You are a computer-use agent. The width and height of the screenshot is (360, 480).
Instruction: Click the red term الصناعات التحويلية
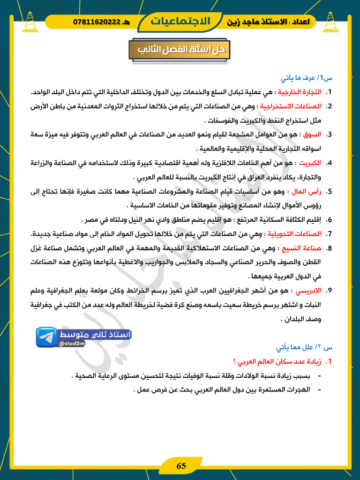click(x=292, y=233)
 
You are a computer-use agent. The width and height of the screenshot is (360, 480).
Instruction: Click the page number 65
click(x=181, y=466)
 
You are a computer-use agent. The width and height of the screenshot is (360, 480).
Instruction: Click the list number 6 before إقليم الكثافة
click(x=329, y=219)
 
